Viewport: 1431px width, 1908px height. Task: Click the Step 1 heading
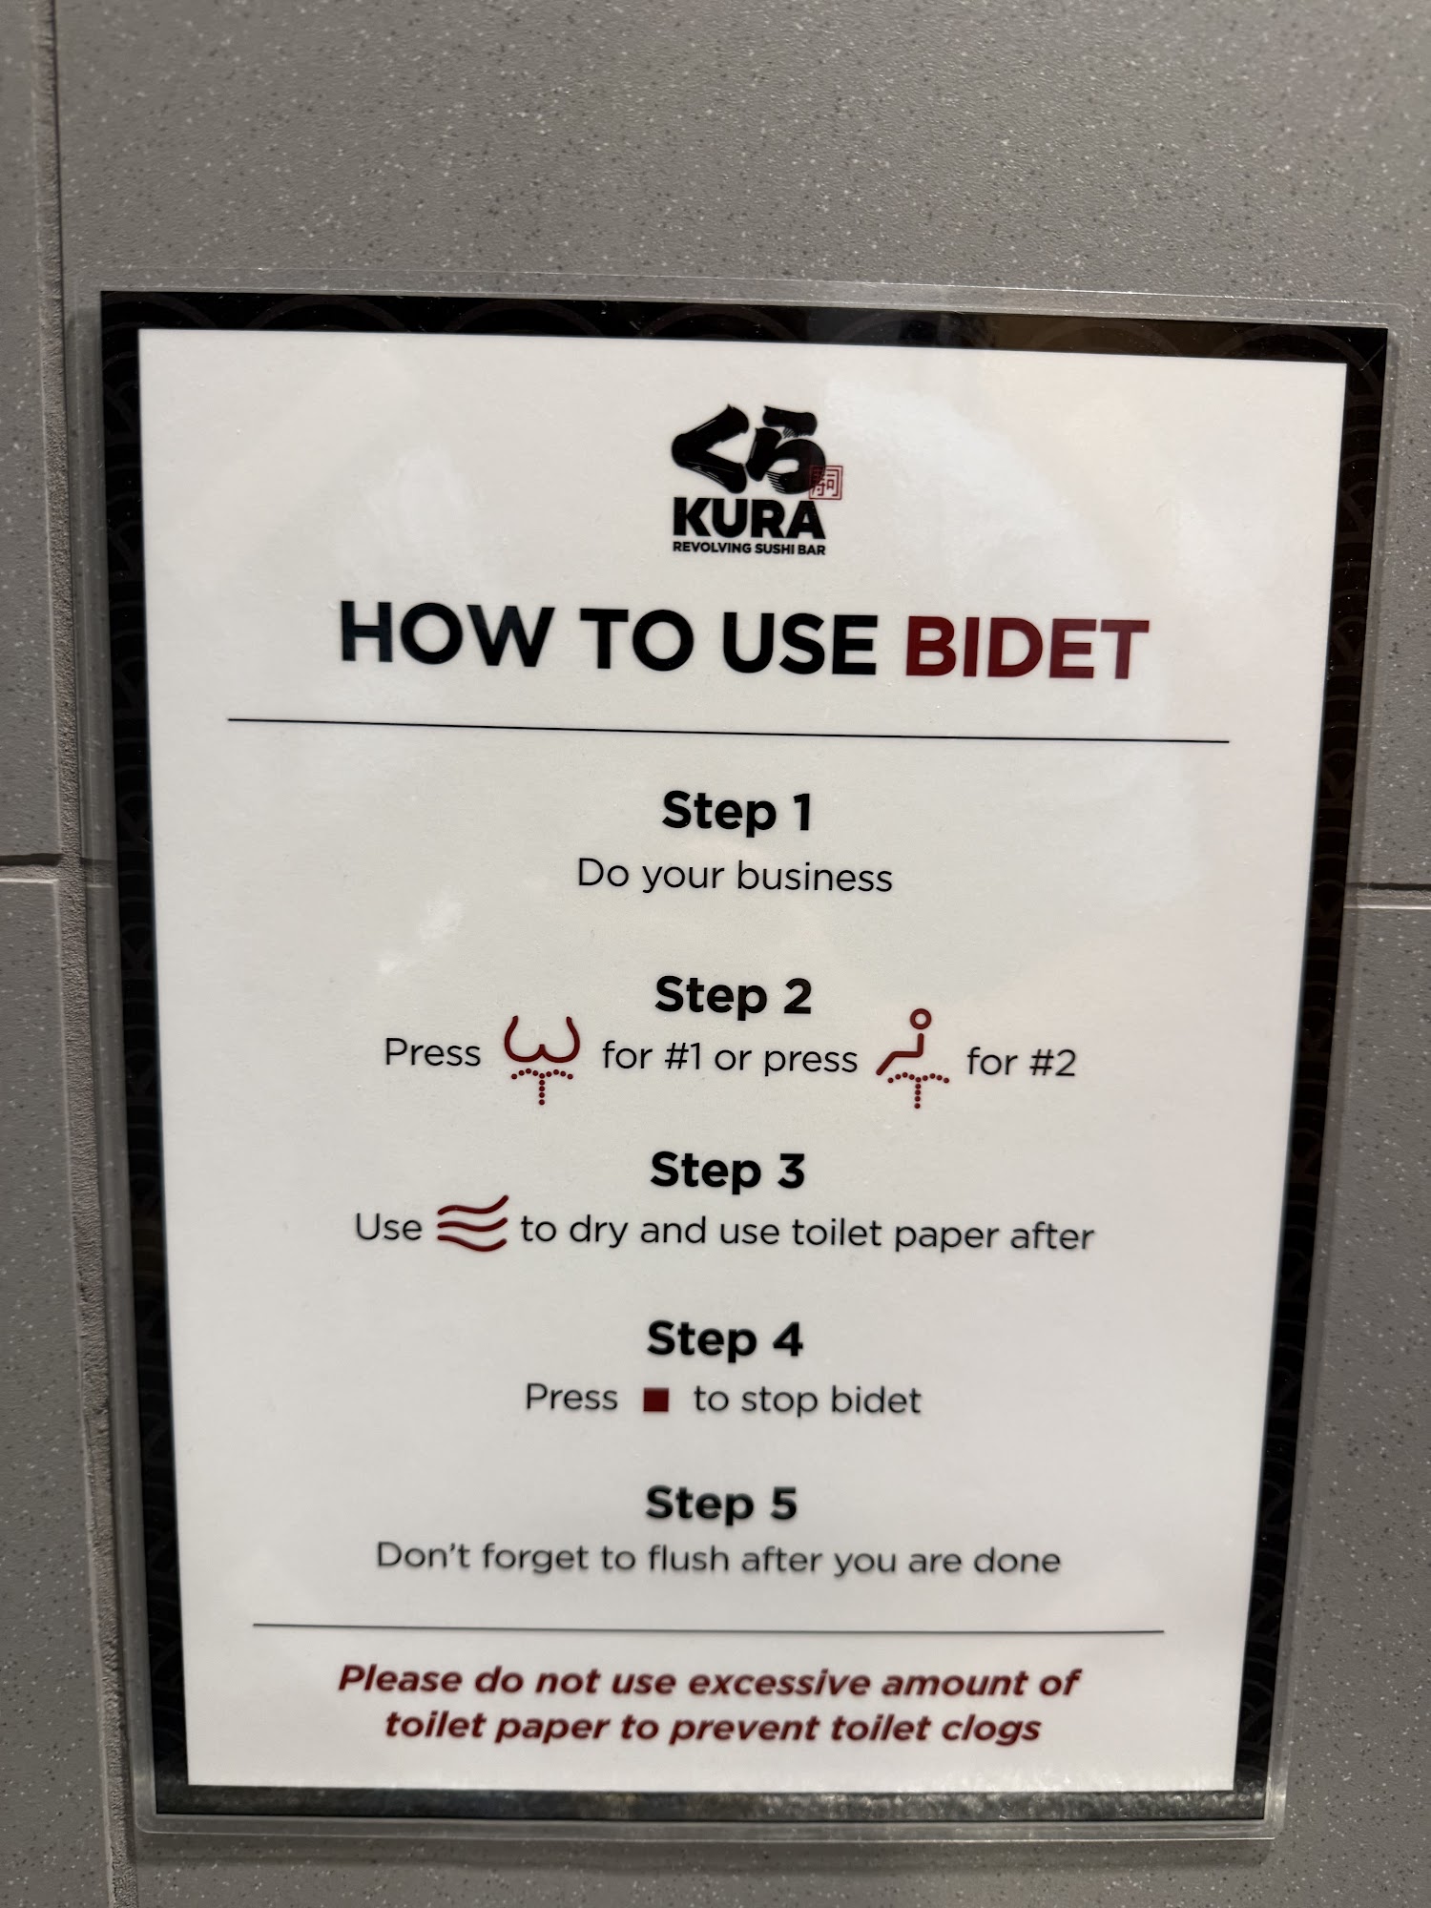tap(736, 812)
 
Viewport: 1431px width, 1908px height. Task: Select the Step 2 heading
tap(733, 996)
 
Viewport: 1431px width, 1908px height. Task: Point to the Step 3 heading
tap(728, 1171)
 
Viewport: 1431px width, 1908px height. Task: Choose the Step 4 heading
tap(725, 1339)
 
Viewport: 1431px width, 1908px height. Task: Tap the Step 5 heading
tap(721, 1504)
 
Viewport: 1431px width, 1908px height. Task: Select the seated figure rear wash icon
tap(913, 1059)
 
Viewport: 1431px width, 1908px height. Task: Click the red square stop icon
tap(655, 1400)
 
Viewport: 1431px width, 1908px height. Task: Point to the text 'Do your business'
tap(735, 876)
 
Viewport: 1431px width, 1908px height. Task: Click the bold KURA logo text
tap(749, 519)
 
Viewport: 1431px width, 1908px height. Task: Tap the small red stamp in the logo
tap(826, 483)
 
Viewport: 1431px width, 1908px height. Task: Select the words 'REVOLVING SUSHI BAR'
tap(749, 549)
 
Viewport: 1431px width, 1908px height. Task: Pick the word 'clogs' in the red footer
tap(992, 1728)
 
